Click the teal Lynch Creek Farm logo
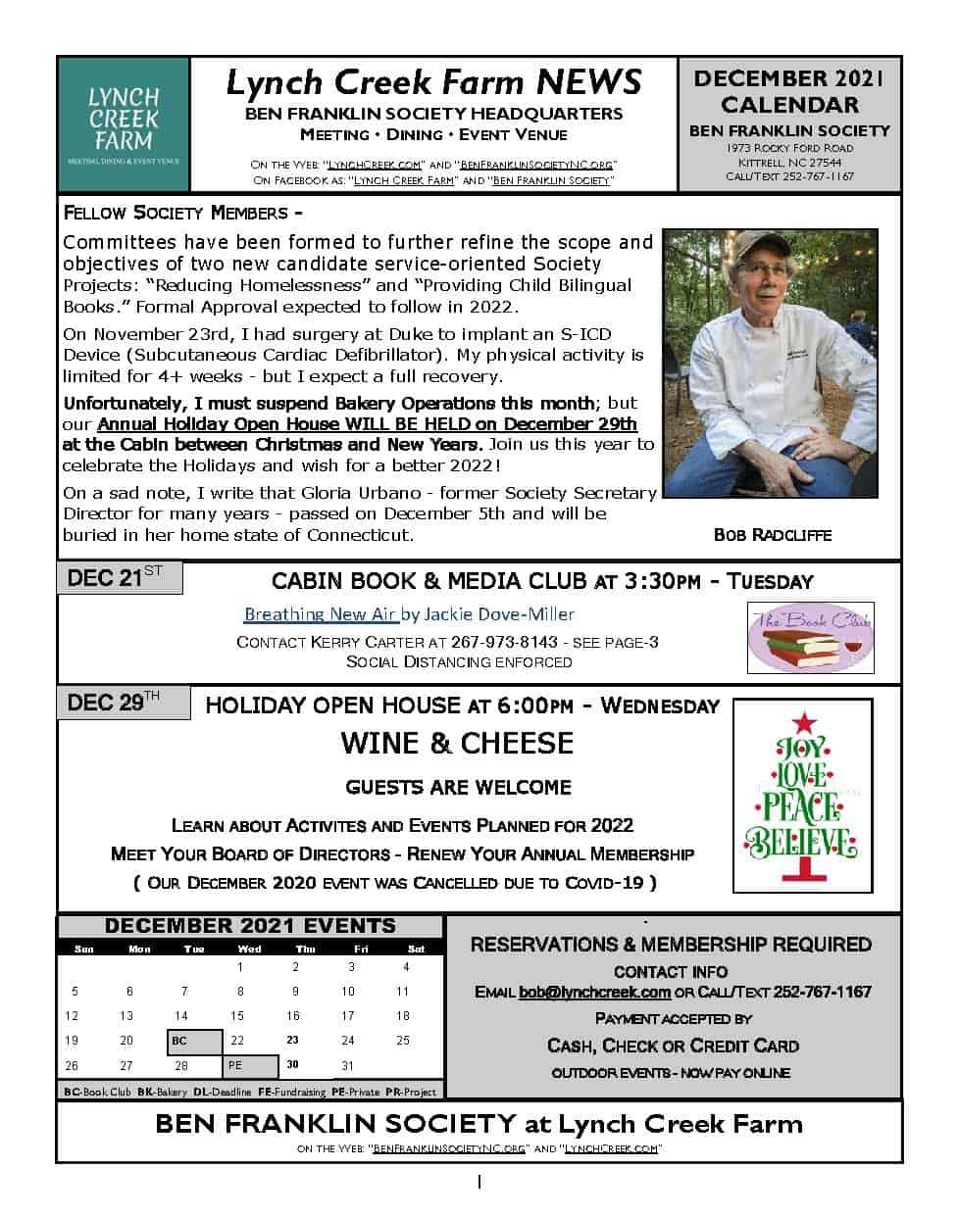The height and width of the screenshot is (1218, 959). (124, 124)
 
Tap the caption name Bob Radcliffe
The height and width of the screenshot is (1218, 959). (773, 535)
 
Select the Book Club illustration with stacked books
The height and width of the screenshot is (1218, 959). (810, 638)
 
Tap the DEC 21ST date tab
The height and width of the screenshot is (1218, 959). (121, 578)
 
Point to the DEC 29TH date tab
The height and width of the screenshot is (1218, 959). (121, 703)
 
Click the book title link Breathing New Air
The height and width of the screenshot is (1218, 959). (321, 614)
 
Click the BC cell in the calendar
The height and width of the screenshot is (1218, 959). (194, 1041)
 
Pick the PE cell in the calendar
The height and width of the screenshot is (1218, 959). (250, 1066)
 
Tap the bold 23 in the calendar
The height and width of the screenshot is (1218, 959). (292, 1041)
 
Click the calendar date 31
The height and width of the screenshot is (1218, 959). (347, 1066)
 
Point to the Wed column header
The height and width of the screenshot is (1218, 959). (250, 949)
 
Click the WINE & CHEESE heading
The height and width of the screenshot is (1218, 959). (457, 744)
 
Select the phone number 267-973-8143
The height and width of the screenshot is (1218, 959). (504, 643)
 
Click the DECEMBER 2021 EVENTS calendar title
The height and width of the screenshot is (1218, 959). (250, 926)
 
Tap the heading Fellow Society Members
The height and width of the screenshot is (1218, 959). (182, 213)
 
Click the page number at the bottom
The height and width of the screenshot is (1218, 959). (479, 1183)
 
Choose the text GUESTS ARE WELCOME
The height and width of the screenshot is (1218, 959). (458, 787)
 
